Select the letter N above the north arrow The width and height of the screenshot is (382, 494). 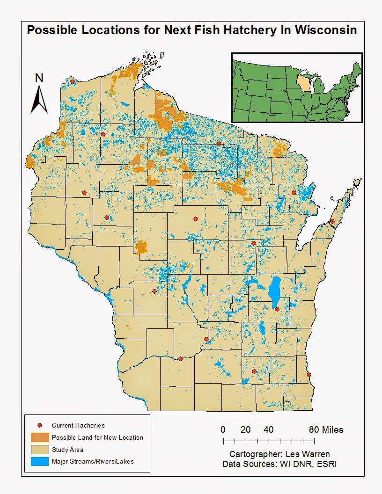(39, 78)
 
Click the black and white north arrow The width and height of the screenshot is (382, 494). (39, 99)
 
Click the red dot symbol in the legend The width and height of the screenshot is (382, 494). (40, 425)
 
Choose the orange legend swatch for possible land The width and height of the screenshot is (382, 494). (40, 437)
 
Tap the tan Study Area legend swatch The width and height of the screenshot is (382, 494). (40, 450)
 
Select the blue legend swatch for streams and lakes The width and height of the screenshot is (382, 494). (40, 462)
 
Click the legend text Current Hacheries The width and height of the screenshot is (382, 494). (78, 425)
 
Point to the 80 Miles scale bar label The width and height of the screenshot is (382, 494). (326, 429)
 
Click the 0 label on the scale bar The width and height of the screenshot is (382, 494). (223, 429)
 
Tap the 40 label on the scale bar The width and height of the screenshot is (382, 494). (268, 429)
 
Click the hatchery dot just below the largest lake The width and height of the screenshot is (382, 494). (277, 309)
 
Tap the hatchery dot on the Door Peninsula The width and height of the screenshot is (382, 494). (332, 221)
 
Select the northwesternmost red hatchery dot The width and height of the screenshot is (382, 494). (73, 81)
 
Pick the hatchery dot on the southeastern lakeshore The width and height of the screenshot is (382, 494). (309, 375)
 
